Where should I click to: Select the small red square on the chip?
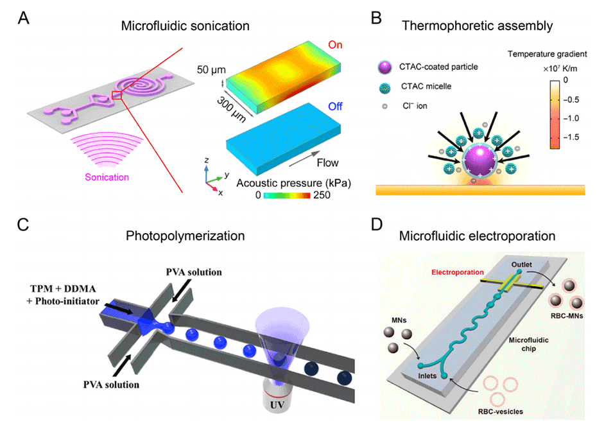pos(116,96)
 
